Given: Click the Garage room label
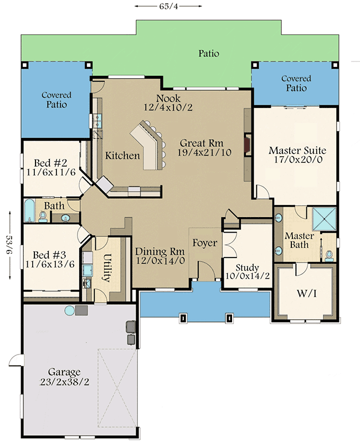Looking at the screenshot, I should pyautogui.click(x=65, y=372).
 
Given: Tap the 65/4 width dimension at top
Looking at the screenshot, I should pyautogui.click(x=161, y=6).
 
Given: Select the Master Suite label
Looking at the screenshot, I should pyautogui.click(x=297, y=150).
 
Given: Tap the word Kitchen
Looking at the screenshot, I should pyautogui.click(x=122, y=156).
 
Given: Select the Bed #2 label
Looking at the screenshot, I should pyautogui.click(x=50, y=163).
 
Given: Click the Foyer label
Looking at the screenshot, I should pyautogui.click(x=203, y=243).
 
